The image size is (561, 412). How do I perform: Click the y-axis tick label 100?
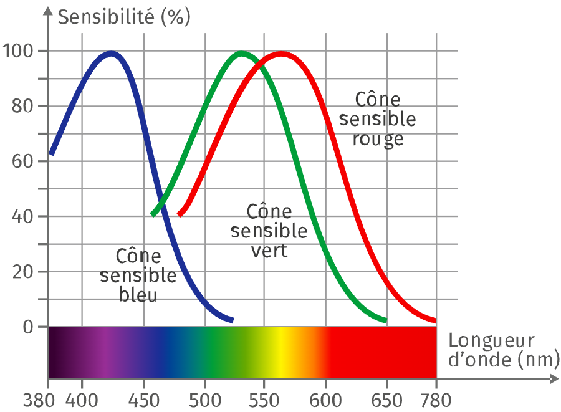coord(18,50)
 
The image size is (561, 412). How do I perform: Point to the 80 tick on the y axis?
coord(23,106)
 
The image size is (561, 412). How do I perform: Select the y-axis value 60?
coord(23,161)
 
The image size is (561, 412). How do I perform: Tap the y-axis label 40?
coord(23,216)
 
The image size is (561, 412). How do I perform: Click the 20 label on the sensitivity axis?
coord(23,272)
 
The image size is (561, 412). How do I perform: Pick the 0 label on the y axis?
coord(28,327)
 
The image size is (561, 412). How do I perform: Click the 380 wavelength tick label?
coord(39,400)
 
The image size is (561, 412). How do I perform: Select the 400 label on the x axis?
coord(82,400)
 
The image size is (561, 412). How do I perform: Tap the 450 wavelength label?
coord(144,400)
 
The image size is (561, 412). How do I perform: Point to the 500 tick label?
coord(205,400)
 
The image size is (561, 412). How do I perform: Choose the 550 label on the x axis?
coord(264,400)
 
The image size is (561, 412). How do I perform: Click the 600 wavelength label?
coord(325,400)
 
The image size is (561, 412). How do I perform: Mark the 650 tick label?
coord(386,400)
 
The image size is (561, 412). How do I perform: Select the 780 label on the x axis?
coord(436,400)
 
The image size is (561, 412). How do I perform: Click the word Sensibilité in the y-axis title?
coord(106,17)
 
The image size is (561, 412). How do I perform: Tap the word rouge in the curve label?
coord(378,140)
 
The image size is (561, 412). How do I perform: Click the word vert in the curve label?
coord(269,251)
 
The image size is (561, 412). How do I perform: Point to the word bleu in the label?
coord(138,295)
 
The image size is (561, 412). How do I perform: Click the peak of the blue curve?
coord(112,54)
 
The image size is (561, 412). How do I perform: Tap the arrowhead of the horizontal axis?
coord(555,379)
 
